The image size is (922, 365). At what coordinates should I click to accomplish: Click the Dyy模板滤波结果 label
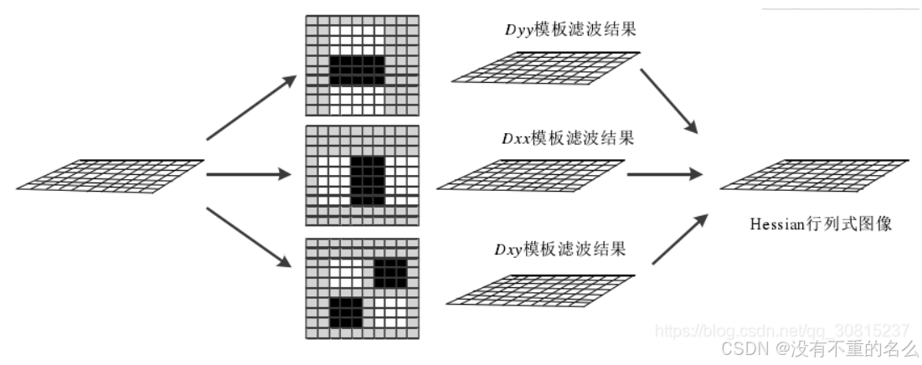pyautogui.click(x=566, y=30)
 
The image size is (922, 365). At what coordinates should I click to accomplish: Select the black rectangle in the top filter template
pyautogui.click(x=357, y=69)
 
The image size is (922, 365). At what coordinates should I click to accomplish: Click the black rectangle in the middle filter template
pyautogui.click(x=366, y=182)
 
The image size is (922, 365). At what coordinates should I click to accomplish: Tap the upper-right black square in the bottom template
pyautogui.click(x=390, y=273)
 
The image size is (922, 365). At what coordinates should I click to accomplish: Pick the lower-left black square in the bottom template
pyautogui.click(x=346, y=311)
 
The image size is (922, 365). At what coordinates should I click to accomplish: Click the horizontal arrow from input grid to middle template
pyautogui.click(x=248, y=175)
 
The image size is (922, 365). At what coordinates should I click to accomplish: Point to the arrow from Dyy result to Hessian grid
pyautogui.click(x=670, y=100)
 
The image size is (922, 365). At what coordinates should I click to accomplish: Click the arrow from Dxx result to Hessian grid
pyautogui.click(x=664, y=175)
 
